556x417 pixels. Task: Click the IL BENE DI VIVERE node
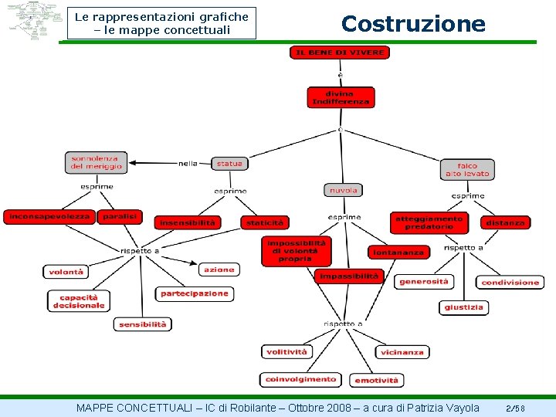click(x=340, y=53)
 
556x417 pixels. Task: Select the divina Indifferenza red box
click(x=340, y=97)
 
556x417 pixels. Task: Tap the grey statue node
click(x=229, y=164)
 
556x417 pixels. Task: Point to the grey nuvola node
click(x=343, y=190)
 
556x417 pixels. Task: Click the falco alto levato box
click(x=467, y=170)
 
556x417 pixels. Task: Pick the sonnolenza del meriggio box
click(x=97, y=162)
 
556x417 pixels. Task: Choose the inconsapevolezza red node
click(x=49, y=217)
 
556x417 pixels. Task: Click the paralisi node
click(x=120, y=217)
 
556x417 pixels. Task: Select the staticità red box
click(x=265, y=222)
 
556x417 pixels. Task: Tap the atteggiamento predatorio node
click(x=429, y=222)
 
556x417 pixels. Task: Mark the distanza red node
click(x=506, y=222)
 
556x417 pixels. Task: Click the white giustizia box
click(x=464, y=307)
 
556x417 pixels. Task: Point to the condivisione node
click(x=510, y=283)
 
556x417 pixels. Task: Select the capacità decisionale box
click(x=78, y=301)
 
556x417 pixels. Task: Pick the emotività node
click(x=377, y=380)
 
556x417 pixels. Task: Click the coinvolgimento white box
click(x=301, y=379)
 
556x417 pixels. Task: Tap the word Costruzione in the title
click(x=413, y=24)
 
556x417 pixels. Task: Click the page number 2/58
click(x=516, y=408)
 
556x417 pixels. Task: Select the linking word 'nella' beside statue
click(x=188, y=164)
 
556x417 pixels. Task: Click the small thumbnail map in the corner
click(x=34, y=21)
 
